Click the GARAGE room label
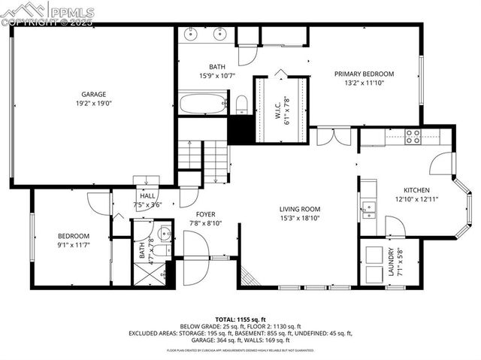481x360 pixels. coord(94,94)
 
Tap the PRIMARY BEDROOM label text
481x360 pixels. coord(364,74)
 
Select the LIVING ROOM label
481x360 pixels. coord(300,209)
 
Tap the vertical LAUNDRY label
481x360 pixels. coord(391,263)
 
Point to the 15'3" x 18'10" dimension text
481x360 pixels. coord(300,219)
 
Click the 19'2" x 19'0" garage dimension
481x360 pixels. coord(94,104)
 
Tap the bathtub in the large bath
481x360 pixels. coord(203,103)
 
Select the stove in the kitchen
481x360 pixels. coord(413,136)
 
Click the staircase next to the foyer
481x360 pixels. coord(204,158)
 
